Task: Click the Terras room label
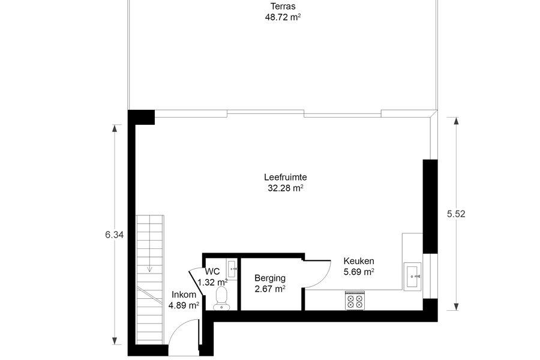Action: (283, 6)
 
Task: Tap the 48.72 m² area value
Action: (283, 17)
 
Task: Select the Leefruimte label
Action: (286, 177)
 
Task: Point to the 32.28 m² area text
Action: (286, 188)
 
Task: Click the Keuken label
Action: (359, 261)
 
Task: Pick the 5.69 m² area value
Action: (359, 272)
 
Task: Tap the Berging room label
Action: (270, 278)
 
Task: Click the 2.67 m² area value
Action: (270, 289)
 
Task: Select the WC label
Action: (212, 271)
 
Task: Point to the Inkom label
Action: (184, 295)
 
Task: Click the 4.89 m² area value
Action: (184, 305)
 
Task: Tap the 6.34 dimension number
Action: (115, 235)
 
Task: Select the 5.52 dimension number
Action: (456, 214)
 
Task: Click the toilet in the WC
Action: (220, 298)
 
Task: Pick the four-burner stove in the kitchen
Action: (355, 301)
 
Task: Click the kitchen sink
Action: (413, 276)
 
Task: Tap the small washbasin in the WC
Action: (232, 269)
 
